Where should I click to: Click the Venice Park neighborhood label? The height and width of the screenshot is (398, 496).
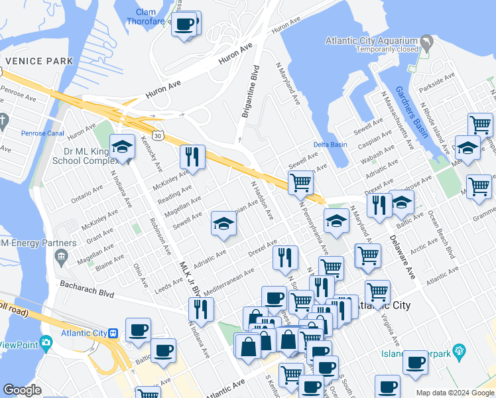coord(40,61)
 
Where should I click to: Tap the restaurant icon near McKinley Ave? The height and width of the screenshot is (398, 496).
coord(192,157)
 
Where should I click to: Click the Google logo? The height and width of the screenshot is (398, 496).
coord(23,390)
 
